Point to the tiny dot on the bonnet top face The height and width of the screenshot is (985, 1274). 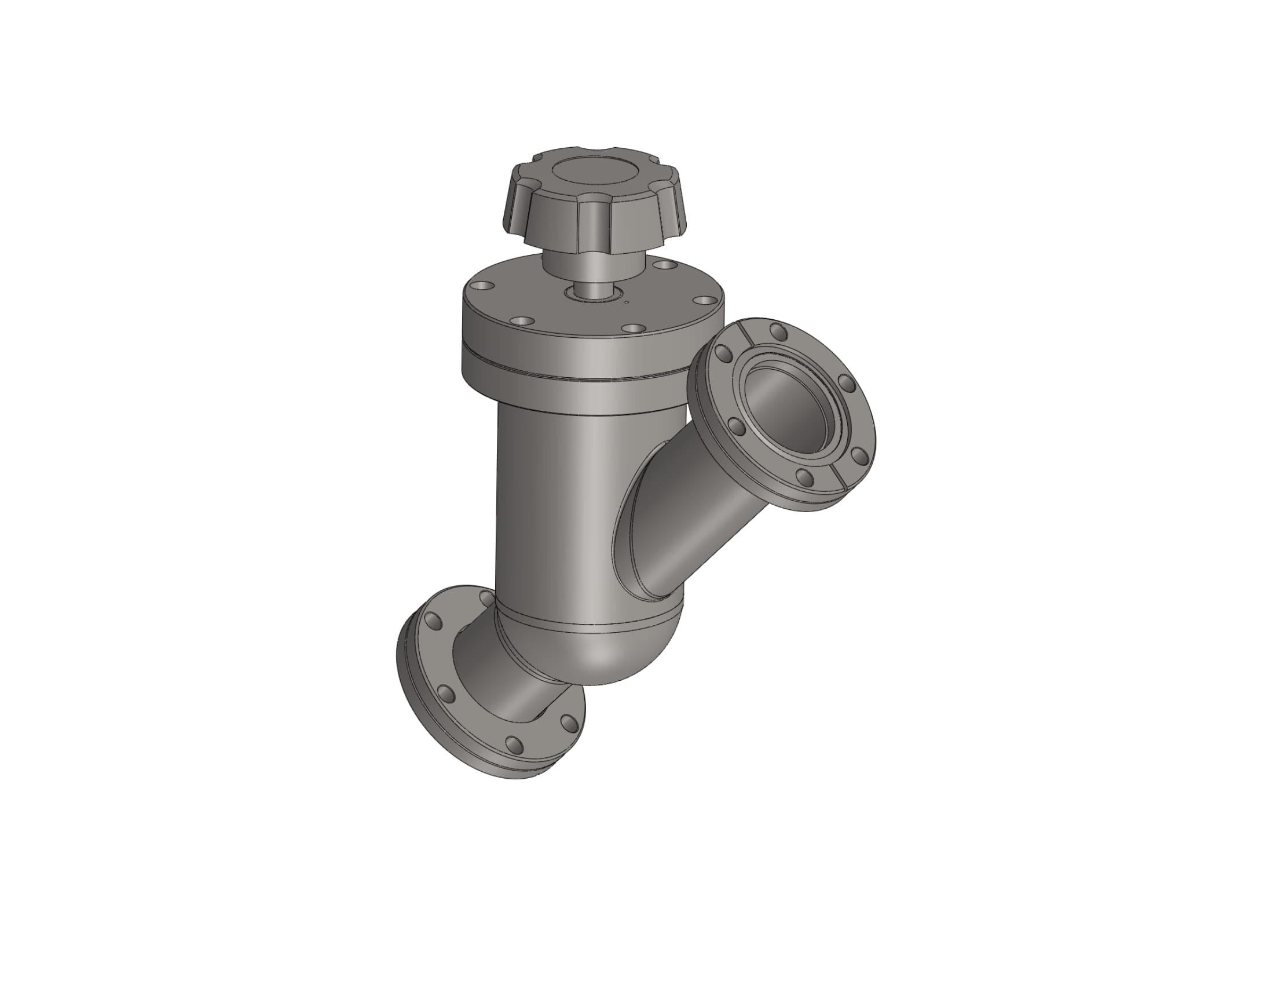627,302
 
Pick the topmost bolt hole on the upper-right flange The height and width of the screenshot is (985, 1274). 778,331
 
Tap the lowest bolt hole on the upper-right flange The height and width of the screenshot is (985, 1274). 806,479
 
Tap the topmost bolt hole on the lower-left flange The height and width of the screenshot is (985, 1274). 485,598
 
